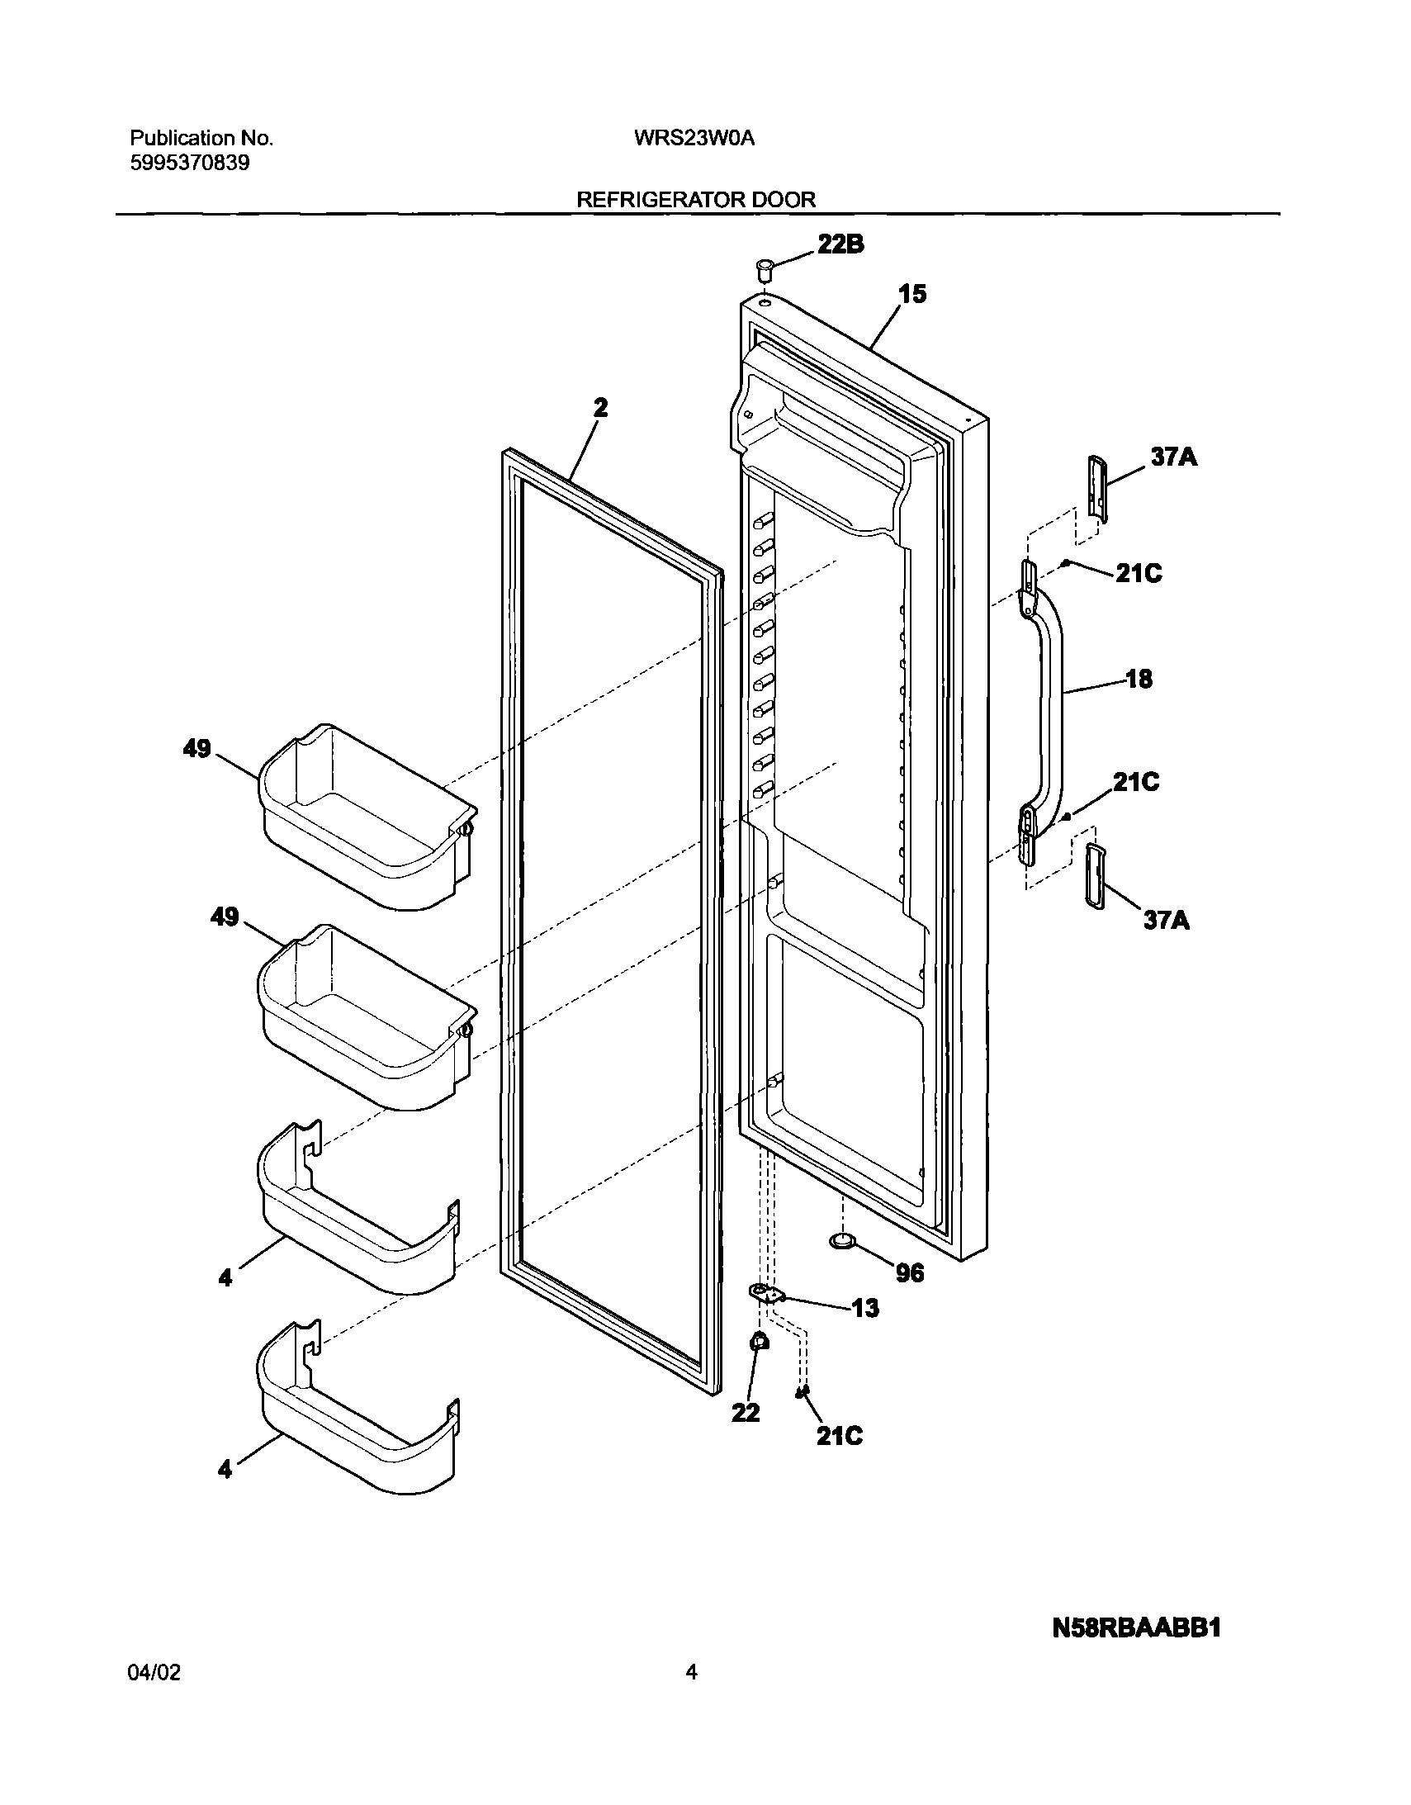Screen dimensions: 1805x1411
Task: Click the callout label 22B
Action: point(840,244)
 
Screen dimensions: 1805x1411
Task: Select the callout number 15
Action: point(912,294)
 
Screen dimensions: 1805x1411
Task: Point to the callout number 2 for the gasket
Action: point(600,407)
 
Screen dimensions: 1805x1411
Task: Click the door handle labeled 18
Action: point(1049,694)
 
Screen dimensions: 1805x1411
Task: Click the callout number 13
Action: point(864,1308)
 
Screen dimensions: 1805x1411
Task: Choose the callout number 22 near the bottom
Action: point(745,1414)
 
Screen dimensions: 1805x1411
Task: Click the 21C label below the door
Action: point(839,1437)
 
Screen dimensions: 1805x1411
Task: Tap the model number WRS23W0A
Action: point(694,139)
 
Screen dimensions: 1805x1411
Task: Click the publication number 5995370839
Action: point(190,163)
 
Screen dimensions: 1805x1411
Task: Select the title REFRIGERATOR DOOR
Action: point(696,200)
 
